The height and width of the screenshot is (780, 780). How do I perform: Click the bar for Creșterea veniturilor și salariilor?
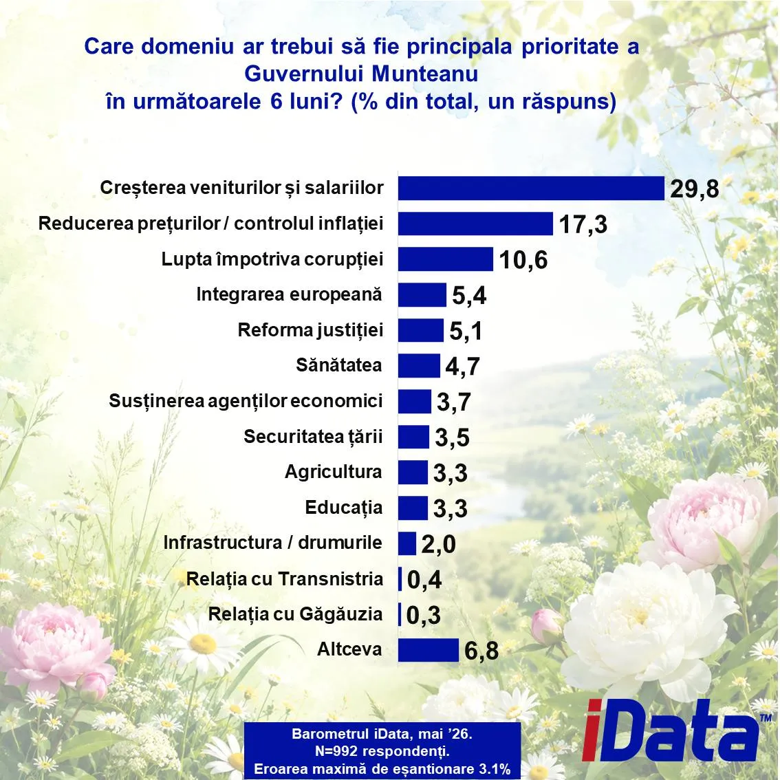[x=531, y=188]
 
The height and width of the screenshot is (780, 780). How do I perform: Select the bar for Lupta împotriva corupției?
[x=446, y=259]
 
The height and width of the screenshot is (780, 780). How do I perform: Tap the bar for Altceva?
[x=429, y=650]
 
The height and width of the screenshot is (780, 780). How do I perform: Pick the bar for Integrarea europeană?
[x=422, y=295]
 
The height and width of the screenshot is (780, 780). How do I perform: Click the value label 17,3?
[x=583, y=224]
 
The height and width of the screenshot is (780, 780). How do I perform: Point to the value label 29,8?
[x=695, y=189]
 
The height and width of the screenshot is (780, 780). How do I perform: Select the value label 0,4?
[x=424, y=580]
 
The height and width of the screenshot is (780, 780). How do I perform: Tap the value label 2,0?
[x=438, y=544]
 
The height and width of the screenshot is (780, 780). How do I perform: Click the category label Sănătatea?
[x=339, y=365]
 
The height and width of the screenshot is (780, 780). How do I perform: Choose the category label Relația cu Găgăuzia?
[x=296, y=614]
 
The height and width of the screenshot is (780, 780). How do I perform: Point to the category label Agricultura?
[x=334, y=472]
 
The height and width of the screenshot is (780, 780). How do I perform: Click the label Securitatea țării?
[x=314, y=437]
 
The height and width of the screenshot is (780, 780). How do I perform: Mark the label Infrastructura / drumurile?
[x=272, y=543]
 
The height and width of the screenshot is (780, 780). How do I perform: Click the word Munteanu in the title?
[x=425, y=74]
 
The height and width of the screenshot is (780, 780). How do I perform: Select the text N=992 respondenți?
[x=382, y=751]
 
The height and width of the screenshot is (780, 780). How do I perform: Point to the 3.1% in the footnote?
[x=495, y=769]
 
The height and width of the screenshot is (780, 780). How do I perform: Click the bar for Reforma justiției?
[x=421, y=330]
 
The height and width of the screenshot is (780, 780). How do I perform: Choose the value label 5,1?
[x=466, y=332]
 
